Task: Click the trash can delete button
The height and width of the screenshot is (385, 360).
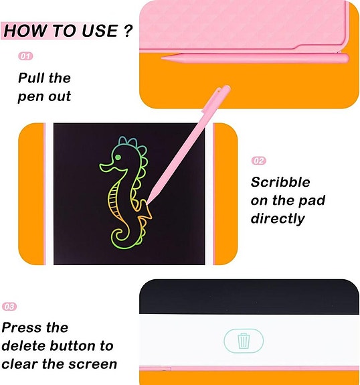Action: coord(244,341)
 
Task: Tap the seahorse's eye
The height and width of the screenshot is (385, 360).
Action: coord(118,157)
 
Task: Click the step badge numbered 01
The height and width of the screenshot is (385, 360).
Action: coord(25,57)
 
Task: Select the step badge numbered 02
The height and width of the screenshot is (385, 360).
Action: coord(259,161)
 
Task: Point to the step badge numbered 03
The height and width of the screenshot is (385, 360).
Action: coord(9,307)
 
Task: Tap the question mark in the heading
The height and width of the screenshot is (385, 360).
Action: coord(127,31)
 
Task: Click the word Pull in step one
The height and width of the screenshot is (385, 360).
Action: coord(32,78)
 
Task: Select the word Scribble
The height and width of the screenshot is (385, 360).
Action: coord(280,182)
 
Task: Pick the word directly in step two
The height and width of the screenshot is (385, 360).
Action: coord(278,218)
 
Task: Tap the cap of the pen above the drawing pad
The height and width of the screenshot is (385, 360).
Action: coord(220,96)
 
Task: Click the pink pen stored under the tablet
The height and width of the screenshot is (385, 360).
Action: coord(254,58)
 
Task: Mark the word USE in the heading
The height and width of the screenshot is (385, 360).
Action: coord(100,31)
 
